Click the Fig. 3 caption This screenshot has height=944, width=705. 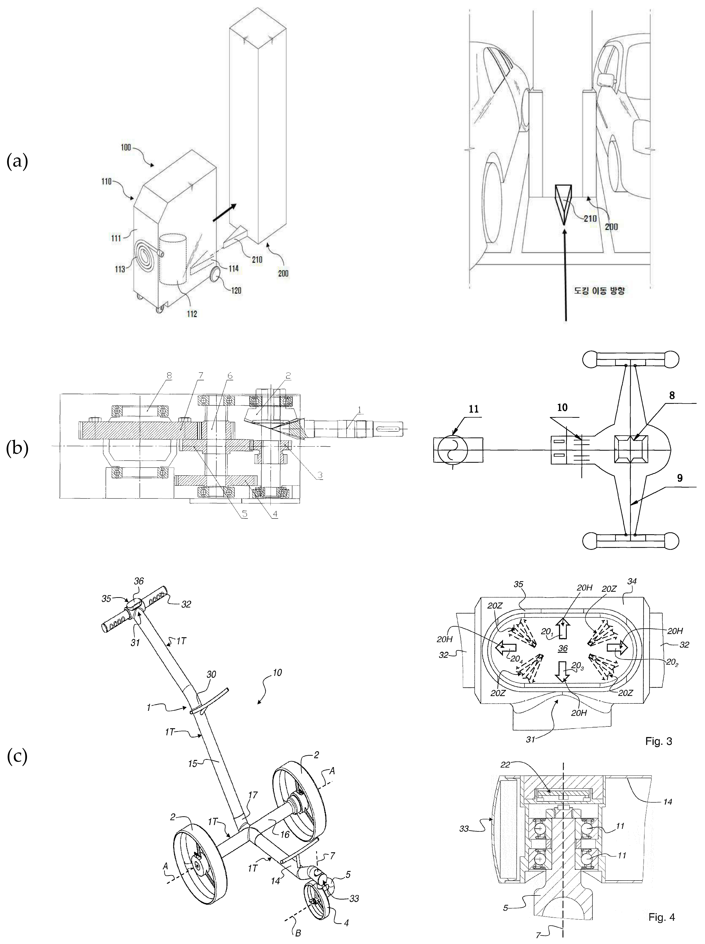659,741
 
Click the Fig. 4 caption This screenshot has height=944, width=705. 661,917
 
